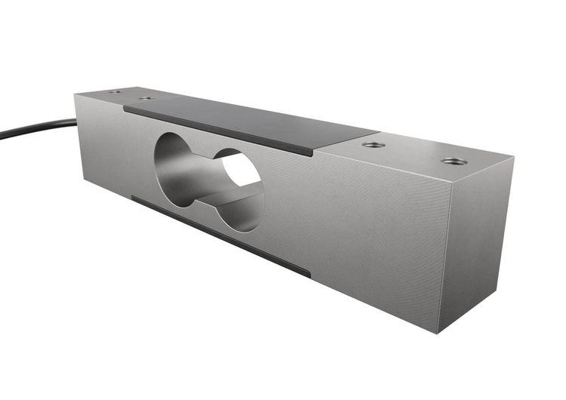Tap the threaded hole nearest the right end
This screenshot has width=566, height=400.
point(454,161)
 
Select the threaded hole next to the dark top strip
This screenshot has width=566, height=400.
point(373,144)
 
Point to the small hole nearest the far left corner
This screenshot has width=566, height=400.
point(114,92)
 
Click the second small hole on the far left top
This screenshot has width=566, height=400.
point(146,98)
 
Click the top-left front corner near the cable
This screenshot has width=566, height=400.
point(75,94)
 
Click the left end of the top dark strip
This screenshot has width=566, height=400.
point(126,108)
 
